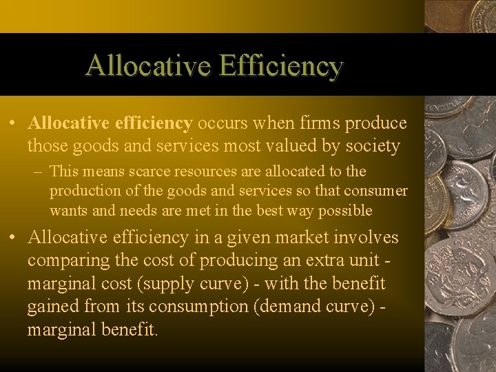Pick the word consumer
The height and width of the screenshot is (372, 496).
[x=377, y=190]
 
